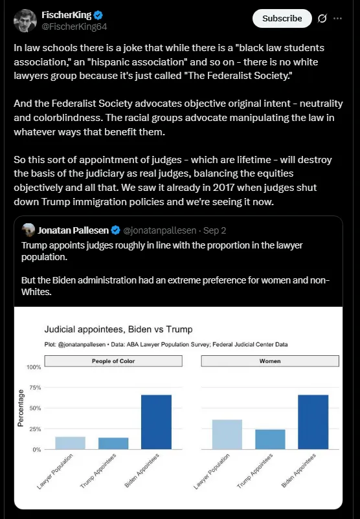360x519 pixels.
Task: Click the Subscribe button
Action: [x=282, y=19]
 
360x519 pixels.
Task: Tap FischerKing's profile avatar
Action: [x=25, y=21]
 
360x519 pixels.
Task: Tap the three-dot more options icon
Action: [x=337, y=19]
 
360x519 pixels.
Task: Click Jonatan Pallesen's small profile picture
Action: [x=28, y=230]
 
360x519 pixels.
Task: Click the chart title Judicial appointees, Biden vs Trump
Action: [x=118, y=329]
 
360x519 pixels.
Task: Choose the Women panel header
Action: [x=271, y=360]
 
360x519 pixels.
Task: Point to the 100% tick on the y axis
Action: [x=34, y=368]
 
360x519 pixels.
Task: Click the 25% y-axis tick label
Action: [x=35, y=429]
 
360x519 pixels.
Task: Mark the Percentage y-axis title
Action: [x=21, y=408]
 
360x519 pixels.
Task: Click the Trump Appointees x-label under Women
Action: [x=261, y=470]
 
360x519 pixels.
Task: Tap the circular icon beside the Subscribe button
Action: [x=320, y=19]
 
